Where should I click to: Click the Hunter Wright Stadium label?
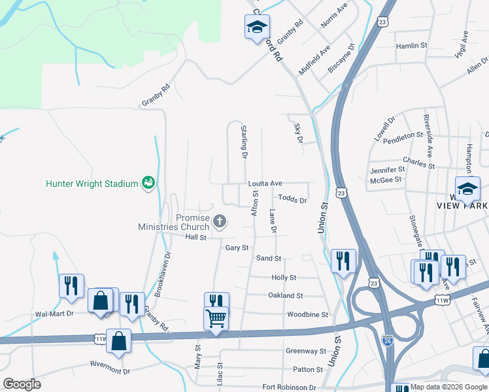92,184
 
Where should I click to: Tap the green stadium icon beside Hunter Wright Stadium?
148,183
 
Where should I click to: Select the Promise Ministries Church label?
175,222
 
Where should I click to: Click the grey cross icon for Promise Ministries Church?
220,220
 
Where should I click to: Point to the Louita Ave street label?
264,184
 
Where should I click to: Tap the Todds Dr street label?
292,199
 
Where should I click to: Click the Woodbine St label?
307,314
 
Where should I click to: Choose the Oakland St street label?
286,295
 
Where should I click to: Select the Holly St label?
284,278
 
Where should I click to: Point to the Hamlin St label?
411,46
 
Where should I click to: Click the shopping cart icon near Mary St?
216,319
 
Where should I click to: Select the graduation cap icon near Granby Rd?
257,27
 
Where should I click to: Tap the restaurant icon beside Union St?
343,261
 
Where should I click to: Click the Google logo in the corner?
22,384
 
